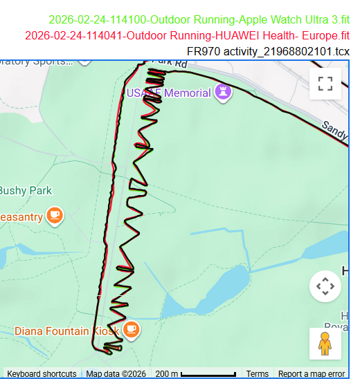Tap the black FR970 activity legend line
click(x=268, y=51)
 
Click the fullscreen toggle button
click(x=325, y=84)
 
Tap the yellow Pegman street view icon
click(x=325, y=344)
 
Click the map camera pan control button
click(x=325, y=286)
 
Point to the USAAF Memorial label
click(x=168, y=93)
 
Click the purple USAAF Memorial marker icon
click(x=223, y=92)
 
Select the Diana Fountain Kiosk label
click(x=66, y=331)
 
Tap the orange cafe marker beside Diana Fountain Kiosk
click(x=132, y=329)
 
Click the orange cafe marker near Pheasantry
click(x=55, y=216)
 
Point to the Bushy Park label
click(x=25, y=191)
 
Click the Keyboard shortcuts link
click(x=42, y=374)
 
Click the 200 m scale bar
click(x=195, y=374)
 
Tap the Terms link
click(x=257, y=374)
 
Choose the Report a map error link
click(x=311, y=374)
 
